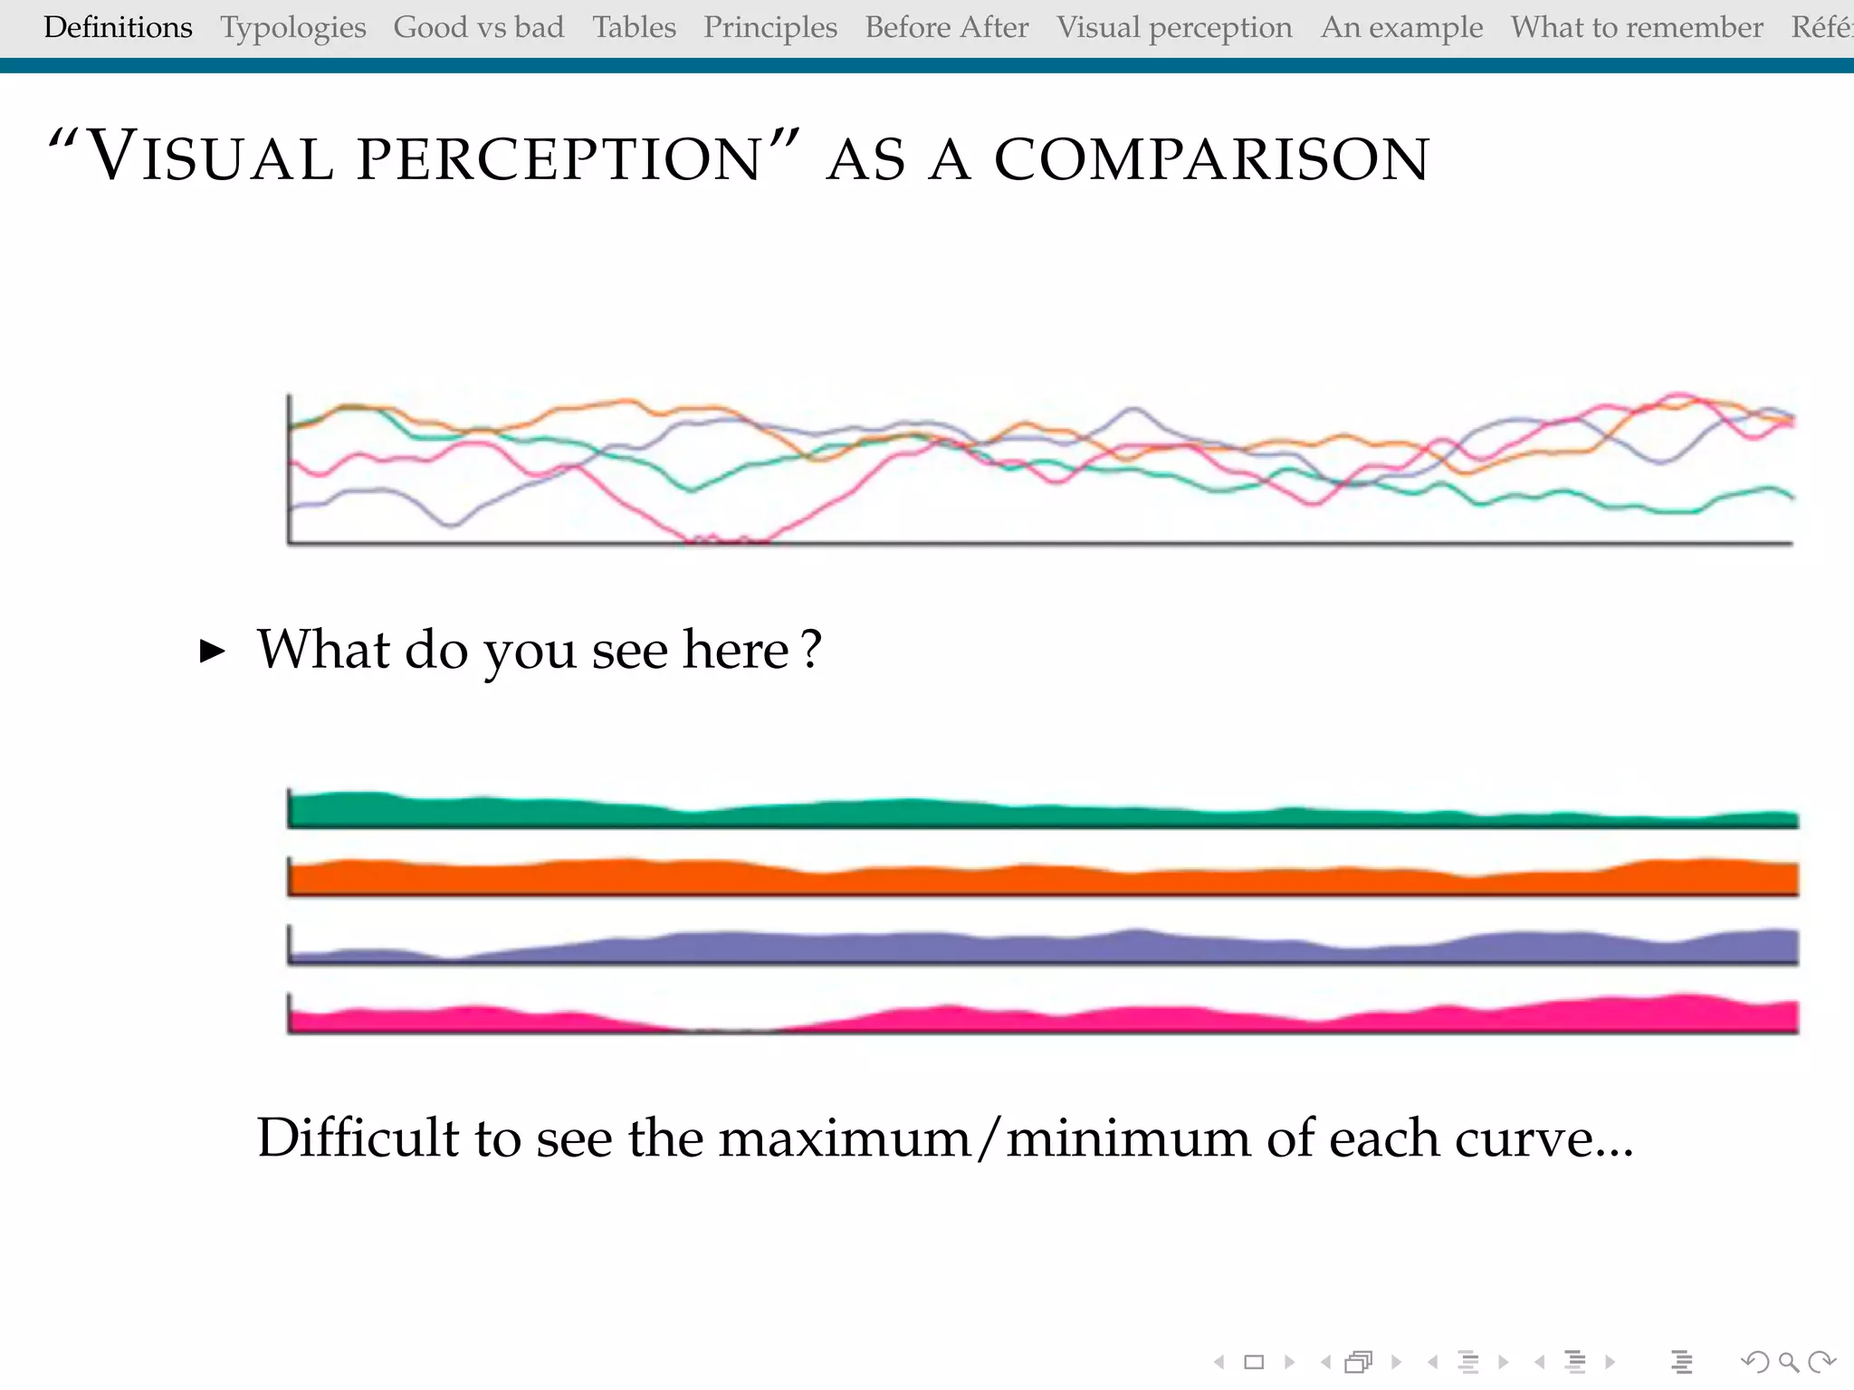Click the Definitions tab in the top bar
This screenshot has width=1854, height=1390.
coord(118,27)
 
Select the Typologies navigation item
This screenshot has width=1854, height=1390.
coord(292,27)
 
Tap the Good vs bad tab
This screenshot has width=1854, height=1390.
coord(478,27)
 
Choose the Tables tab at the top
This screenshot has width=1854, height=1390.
coord(634,27)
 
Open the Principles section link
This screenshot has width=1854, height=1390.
coord(769,27)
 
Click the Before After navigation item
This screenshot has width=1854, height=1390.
coord(946,27)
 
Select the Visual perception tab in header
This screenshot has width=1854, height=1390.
coord(1174,27)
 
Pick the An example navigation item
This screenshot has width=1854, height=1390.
coord(1401,27)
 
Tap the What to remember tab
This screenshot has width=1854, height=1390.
coord(1636,27)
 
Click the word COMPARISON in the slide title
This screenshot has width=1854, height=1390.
coord(1211,159)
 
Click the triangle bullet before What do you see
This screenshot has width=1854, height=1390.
coord(212,651)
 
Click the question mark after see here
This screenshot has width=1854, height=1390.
coord(812,649)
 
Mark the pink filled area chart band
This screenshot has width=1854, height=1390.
coord(996,1020)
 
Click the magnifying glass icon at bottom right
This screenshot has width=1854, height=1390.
coord(1788,1362)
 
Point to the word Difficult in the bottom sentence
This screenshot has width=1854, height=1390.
coord(358,1138)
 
